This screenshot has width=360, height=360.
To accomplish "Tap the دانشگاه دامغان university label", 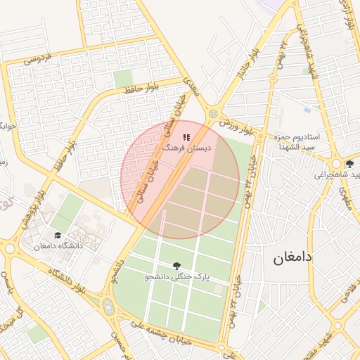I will point(58,246).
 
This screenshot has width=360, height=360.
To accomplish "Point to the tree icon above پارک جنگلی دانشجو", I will point(176,265).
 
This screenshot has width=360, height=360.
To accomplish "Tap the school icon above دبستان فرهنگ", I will point(186,138).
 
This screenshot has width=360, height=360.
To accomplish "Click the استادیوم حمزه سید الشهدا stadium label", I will point(298,141).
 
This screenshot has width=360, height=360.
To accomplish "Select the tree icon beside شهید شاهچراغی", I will point(349,164).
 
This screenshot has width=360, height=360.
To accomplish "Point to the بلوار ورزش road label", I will point(235,127).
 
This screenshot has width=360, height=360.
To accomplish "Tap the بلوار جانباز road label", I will point(255,63).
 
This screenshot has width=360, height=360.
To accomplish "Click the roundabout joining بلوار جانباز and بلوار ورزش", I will point(212,113).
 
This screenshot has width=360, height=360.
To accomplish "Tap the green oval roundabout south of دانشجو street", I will point(108,306).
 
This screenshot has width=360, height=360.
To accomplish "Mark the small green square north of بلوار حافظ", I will point(123,78).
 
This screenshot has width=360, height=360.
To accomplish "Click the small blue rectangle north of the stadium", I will point(308,110).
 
